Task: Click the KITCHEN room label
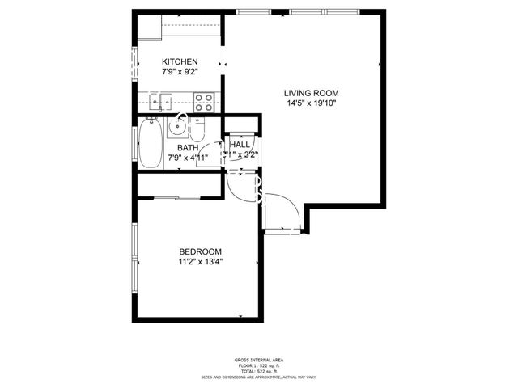click(180, 62)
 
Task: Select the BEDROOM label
click(200, 251)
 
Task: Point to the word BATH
click(188, 148)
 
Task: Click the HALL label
click(240, 144)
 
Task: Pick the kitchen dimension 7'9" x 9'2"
click(180, 73)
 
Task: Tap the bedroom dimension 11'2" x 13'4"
click(200, 262)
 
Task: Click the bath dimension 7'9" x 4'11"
click(188, 158)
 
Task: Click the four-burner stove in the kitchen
click(204, 102)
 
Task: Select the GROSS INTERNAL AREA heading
click(259, 360)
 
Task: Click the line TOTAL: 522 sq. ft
click(259, 371)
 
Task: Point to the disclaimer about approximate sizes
click(259, 377)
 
